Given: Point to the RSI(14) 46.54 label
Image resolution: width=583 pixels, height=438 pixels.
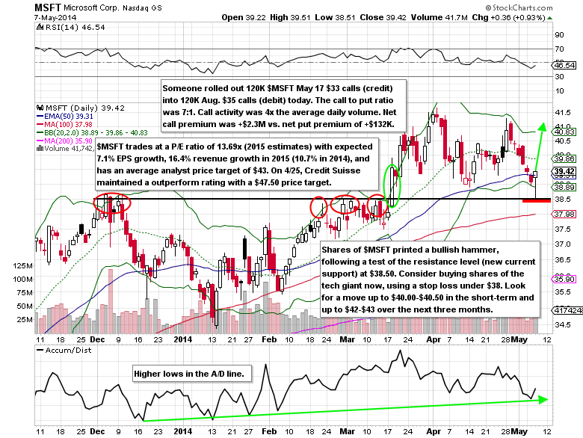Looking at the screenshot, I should coord(60,26).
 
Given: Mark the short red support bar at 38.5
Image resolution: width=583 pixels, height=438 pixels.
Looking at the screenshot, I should coord(537,200).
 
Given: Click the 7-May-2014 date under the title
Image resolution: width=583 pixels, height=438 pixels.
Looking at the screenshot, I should coord(24,18).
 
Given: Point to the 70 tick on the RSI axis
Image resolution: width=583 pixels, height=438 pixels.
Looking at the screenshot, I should coord(558,49).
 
